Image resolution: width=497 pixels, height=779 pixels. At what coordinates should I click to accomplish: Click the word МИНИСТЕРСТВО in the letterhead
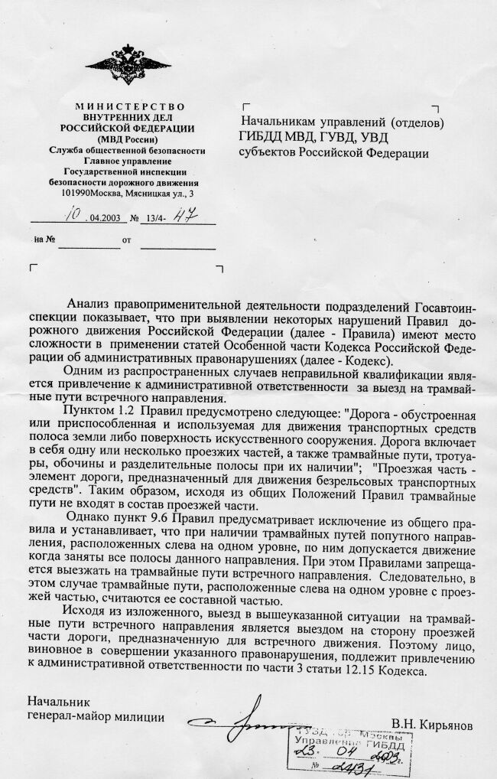(122, 106)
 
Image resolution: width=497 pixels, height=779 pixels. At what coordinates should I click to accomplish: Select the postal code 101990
(74, 194)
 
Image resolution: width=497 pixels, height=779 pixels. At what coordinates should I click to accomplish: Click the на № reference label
(43, 240)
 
